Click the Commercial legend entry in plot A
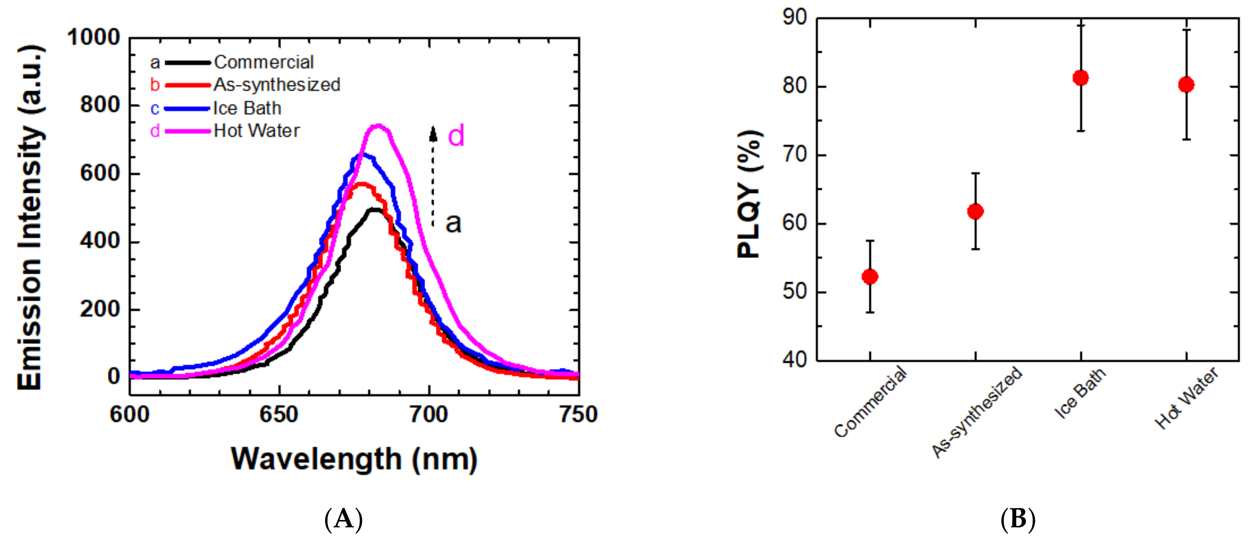[x=264, y=62]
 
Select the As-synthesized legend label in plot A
[x=277, y=85]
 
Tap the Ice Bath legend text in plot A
[x=247, y=109]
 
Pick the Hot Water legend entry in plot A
[x=256, y=131]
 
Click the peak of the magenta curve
[x=378, y=126]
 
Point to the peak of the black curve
[x=376, y=210]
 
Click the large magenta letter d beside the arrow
[x=455, y=136]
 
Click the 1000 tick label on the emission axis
[x=93, y=38]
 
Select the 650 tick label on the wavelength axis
[x=279, y=415]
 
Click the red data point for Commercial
[x=870, y=277]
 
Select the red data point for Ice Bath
[x=1081, y=78]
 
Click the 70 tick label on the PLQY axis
[x=795, y=155]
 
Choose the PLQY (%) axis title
[x=748, y=194]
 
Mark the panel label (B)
[x=1018, y=520]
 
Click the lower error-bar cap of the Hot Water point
[x=1187, y=140]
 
